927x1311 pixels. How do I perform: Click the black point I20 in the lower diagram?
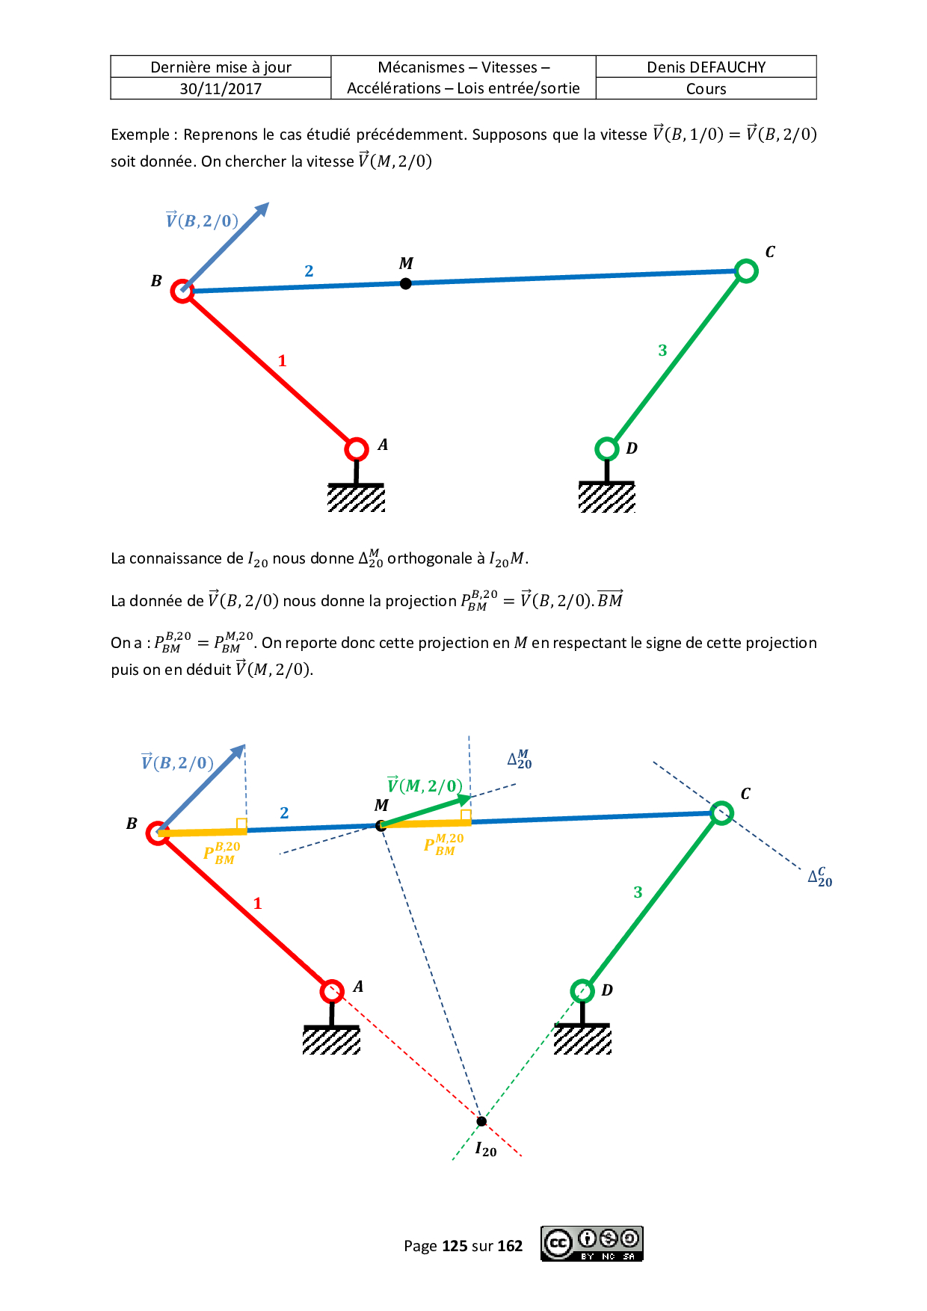click(x=481, y=1120)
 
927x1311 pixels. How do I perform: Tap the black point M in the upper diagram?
click(x=405, y=283)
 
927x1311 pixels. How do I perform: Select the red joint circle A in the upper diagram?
click(x=357, y=449)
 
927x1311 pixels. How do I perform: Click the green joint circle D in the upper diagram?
click(x=606, y=449)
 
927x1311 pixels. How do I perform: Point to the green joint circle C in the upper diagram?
click(x=746, y=271)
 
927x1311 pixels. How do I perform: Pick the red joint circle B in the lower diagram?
click(x=158, y=833)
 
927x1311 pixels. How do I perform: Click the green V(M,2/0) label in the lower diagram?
click(x=425, y=786)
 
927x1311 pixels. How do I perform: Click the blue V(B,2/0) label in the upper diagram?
click(x=202, y=220)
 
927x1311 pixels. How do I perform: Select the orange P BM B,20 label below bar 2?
click(x=222, y=853)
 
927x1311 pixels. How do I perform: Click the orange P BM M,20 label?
click(x=443, y=845)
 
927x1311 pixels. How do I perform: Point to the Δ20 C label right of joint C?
click(x=819, y=877)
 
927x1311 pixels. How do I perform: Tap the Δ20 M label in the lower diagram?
click(x=520, y=759)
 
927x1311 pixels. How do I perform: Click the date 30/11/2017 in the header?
click(x=221, y=89)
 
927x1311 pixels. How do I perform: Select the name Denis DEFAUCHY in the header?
click(x=706, y=67)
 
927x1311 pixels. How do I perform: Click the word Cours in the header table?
click(x=706, y=89)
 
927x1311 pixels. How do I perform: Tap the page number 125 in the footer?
click(x=455, y=1246)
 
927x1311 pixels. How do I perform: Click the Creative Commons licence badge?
click(x=592, y=1244)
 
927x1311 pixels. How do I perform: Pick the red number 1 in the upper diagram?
click(x=282, y=361)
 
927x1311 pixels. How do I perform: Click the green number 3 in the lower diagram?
click(x=638, y=892)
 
